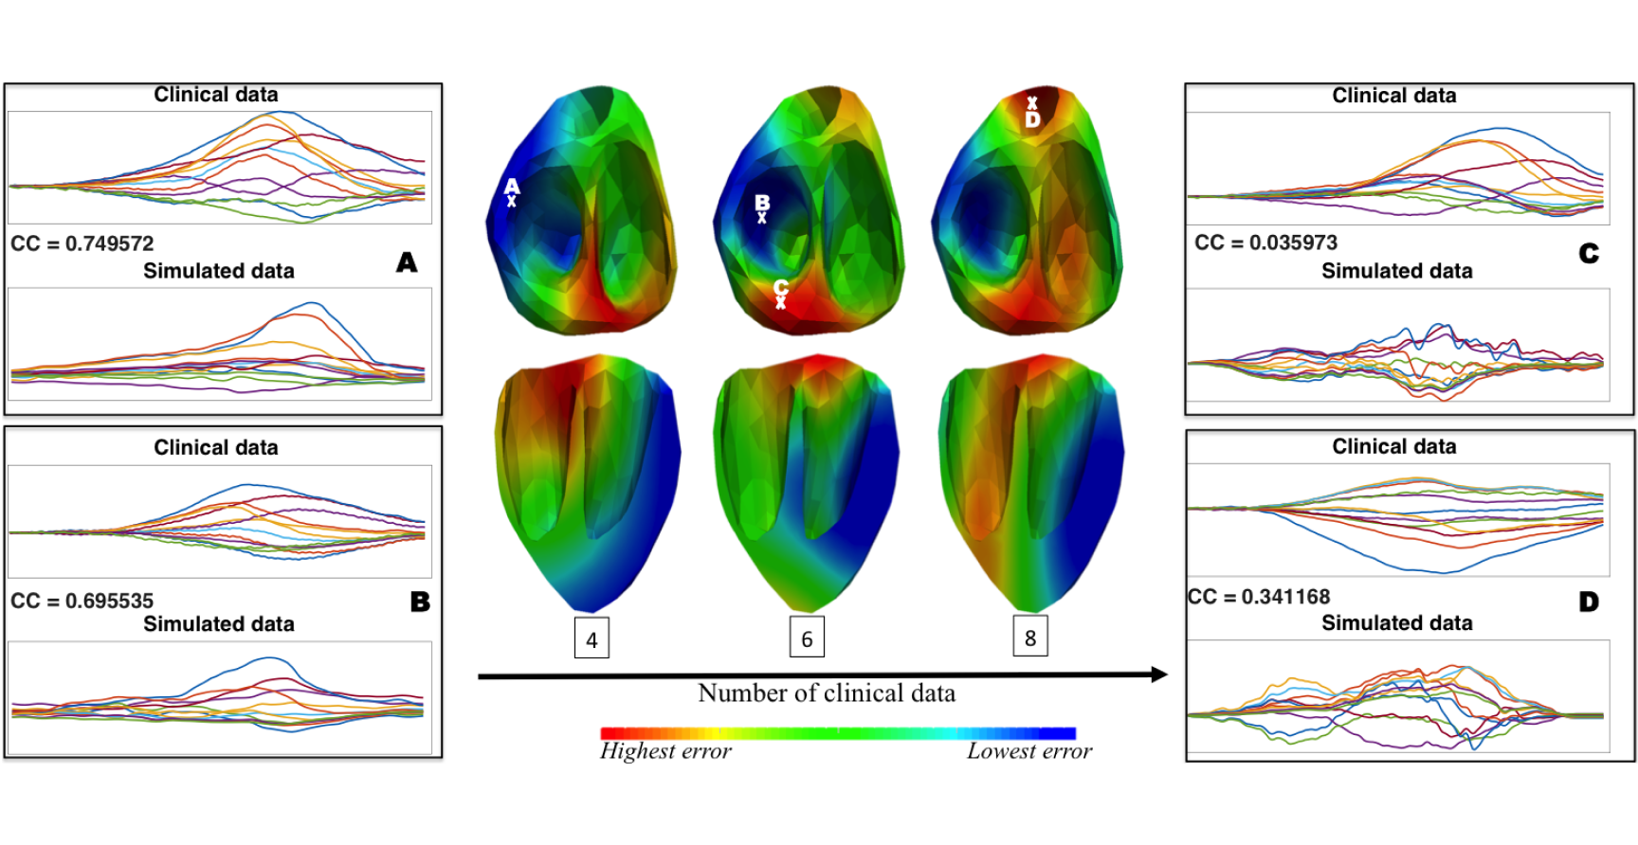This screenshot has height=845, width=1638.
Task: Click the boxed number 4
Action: click(591, 639)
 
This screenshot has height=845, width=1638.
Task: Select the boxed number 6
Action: click(807, 638)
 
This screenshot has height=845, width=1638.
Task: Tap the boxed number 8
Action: click(1030, 638)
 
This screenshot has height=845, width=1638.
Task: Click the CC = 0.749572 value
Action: click(82, 243)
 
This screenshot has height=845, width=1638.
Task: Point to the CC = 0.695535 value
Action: click(82, 601)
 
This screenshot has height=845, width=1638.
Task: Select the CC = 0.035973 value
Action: click(1265, 243)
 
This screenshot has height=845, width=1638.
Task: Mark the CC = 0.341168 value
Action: click(1260, 597)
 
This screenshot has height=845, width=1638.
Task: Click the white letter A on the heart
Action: click(512, 187)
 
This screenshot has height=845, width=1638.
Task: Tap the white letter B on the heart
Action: click(762, 203)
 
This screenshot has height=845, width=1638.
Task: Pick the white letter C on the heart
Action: click(781, 287)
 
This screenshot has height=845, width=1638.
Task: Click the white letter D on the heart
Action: click(1032, 119)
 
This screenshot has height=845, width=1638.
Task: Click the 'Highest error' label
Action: click(665, 751)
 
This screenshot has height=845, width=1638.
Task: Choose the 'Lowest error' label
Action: click(1029, 751)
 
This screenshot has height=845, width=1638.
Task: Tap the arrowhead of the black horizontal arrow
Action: click(1158, 674)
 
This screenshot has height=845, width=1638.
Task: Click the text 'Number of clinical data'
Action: click(827, 693)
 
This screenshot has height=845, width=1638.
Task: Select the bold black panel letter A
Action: click(407, 262)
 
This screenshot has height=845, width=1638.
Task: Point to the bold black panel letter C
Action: click(1589, 254)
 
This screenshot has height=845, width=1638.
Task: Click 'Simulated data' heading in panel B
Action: click(219, 624)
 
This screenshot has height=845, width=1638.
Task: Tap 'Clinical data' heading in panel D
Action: click(1393, 446)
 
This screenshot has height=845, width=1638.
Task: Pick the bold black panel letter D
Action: click(1589, 602)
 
